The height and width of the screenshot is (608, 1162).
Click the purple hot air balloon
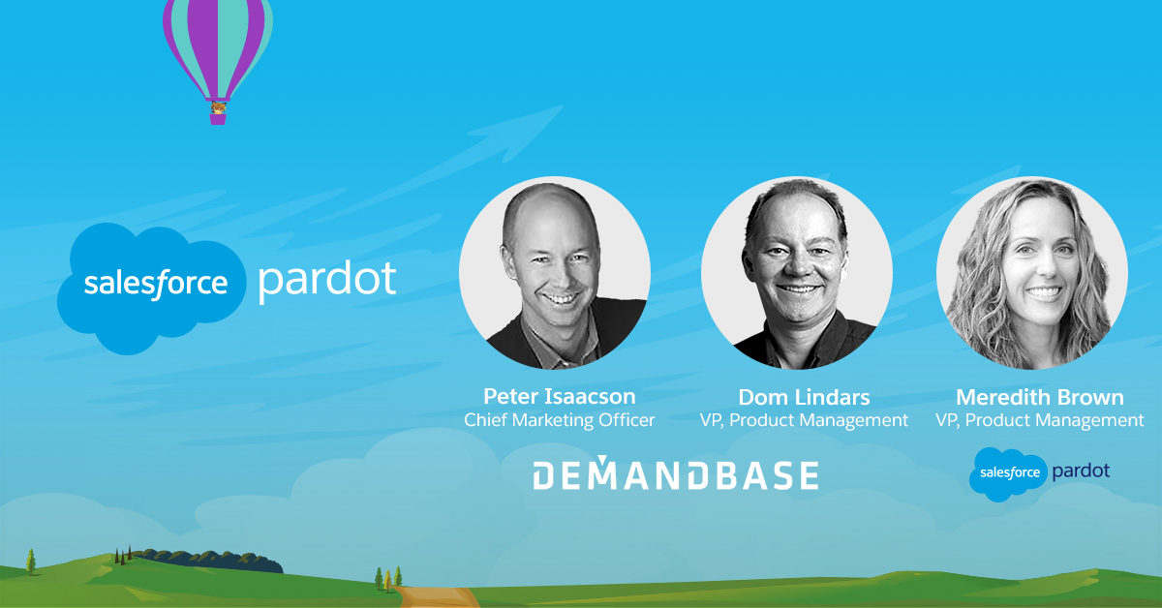coord(218,57)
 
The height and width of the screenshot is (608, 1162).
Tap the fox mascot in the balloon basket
coord(218,107)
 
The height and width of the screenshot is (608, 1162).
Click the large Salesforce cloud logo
coord(151,289)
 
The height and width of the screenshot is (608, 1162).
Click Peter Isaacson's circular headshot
coord(555,273)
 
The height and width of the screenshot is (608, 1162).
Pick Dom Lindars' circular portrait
coord(797,273)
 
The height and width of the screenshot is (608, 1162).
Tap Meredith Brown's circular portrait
coord(1032,273)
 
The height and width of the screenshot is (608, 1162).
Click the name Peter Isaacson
coord(560,396)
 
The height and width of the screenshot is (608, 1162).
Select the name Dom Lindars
coord(804,397)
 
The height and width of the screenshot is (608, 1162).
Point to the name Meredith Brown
coord(1040,397)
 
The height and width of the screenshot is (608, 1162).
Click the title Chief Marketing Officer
coord(560,420)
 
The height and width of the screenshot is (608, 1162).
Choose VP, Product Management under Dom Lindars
coord(804,420)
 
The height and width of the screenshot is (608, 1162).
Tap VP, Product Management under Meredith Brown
coord(1040,420)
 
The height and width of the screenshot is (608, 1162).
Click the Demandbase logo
coord(676,473)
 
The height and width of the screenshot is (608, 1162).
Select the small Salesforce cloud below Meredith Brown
coord(1008,474)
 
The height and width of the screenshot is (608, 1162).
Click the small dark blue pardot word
coord(1081,471)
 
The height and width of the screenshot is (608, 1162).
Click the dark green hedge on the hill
coord(206,561)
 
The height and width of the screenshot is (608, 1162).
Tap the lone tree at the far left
coord(31,562)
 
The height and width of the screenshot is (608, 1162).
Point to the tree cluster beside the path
coord(388,579)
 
